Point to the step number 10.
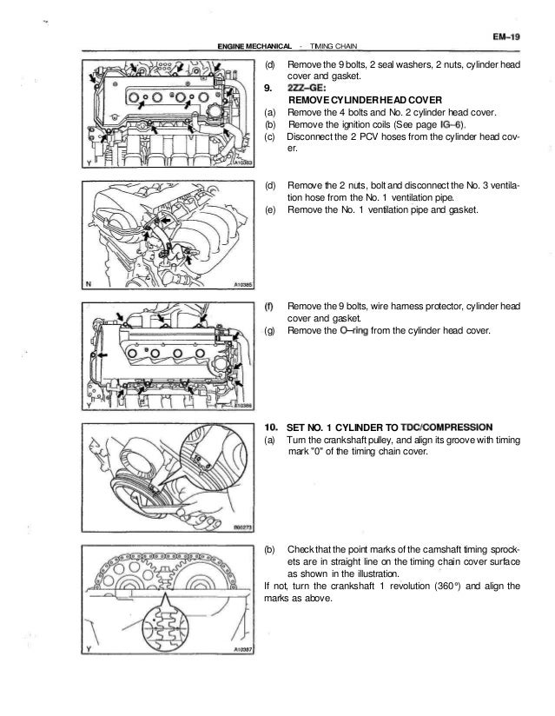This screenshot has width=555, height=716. [271, 427]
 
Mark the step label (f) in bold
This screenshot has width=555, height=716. [268, 306]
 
